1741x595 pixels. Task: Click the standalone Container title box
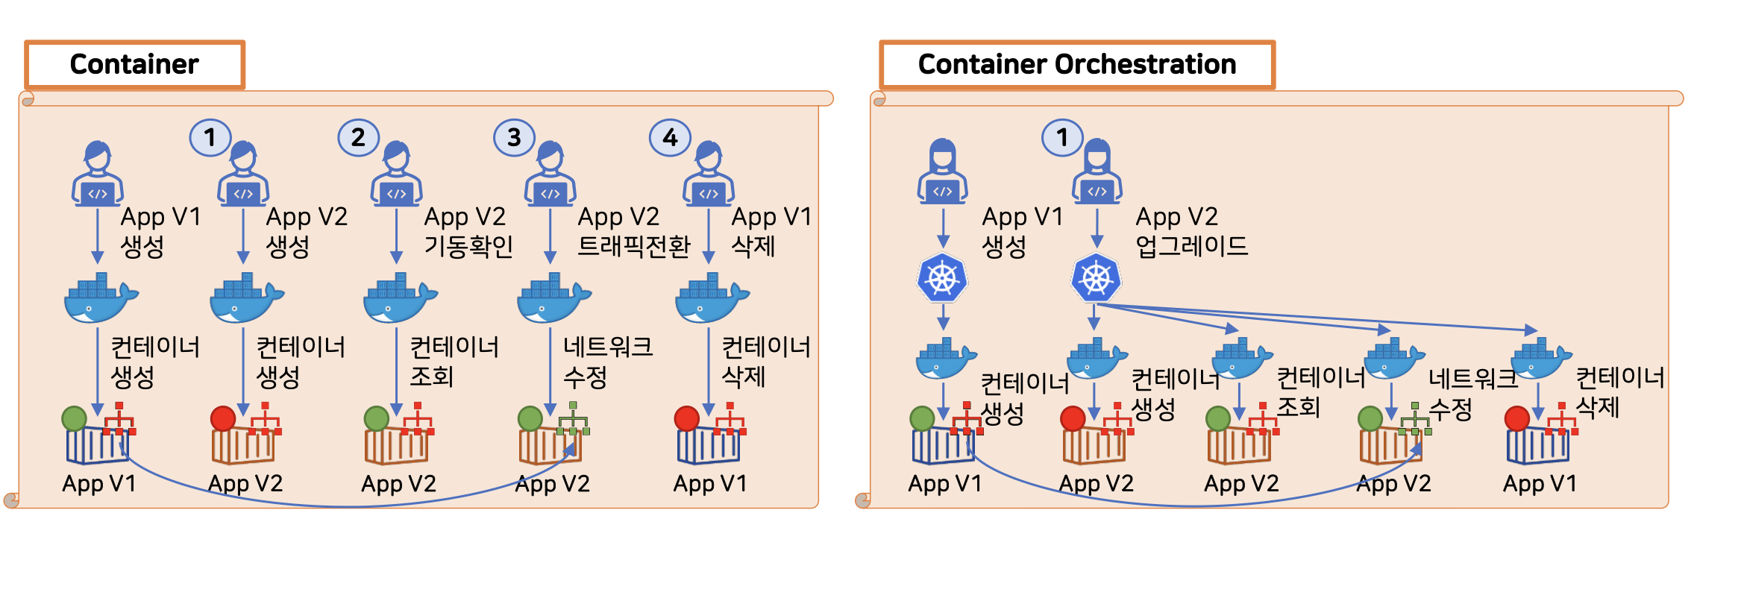tap(135, 65)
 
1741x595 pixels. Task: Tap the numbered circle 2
tap(358, 137)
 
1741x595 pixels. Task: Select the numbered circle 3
tap(514, 137)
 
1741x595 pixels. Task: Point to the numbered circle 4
tap(670, 137)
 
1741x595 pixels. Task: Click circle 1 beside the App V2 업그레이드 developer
tap(1062, 136)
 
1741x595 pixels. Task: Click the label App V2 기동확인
tap(468, 231)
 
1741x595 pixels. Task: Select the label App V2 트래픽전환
tap(634, 231)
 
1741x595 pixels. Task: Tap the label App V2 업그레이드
tap(1191, 231)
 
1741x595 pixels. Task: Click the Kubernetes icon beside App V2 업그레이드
tap(1097, 278)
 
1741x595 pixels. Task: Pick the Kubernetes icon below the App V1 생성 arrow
tap(942, 278)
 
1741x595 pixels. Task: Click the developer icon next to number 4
tap(709, 174)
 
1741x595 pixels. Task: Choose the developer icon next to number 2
tap(396, 174)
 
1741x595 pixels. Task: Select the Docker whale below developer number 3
tap(553, 297)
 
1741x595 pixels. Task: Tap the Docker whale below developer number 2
tap(400, 297)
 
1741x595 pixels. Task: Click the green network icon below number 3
tap(573, 419)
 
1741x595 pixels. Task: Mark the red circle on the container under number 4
tap(686, 418)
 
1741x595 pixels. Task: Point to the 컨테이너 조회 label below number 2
tap(454, 362)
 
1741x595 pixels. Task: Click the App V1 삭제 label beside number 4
tap(771, 231)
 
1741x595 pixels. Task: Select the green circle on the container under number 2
tap(377, 418)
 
